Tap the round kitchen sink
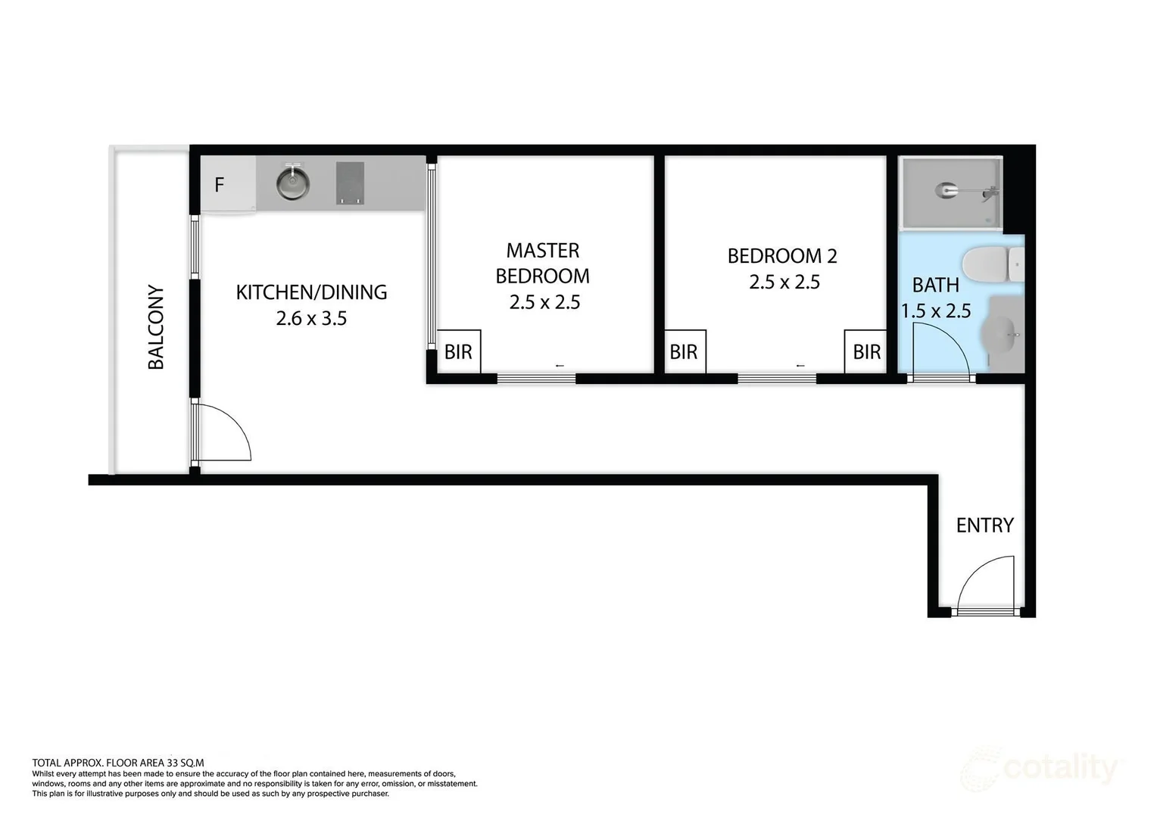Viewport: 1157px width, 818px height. tap(292, 183)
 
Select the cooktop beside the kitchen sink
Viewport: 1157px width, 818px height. tap(350, 183)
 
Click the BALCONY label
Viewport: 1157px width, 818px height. tap(156, 327)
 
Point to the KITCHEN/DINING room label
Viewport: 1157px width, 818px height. tap(311, 292)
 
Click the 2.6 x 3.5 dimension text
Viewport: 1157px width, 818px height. tap(311, 318)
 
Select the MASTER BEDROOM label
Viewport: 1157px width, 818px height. tap(543, 263)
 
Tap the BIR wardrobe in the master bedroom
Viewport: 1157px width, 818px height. tap(458, 351)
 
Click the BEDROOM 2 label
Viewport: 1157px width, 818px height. tap(782, 256)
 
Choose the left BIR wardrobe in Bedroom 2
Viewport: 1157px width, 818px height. tap(684, 351)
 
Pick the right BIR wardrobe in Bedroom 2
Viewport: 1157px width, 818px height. tap(866, 351)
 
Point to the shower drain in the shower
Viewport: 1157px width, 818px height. tap(946, 190)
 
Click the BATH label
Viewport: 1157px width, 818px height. tap(935, 285)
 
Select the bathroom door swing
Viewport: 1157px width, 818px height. tap(939, 348)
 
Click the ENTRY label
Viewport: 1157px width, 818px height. tap(984, 525)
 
